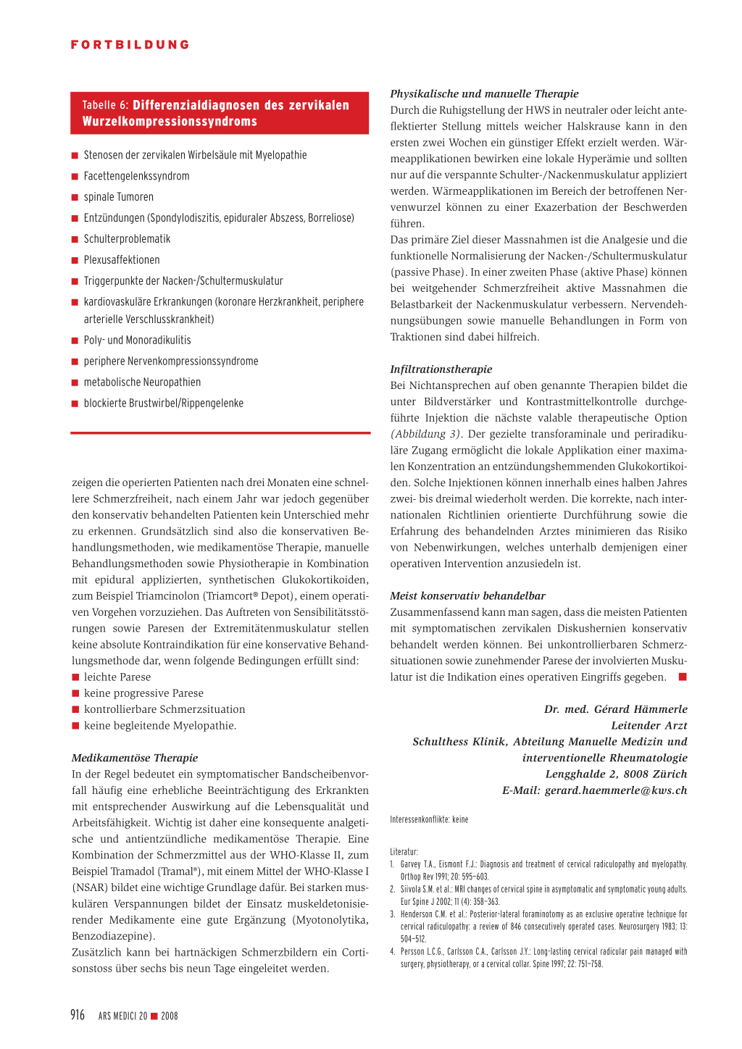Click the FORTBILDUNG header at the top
(130, 45)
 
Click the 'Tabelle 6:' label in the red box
(105, 105)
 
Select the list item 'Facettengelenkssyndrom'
(136, 176)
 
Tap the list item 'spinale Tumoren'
(118, 197)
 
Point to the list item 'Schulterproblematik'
(127, 239)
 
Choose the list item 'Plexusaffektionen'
(122, 260)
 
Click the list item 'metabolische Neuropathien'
(142, 383)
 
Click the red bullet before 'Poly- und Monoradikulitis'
(75, 340)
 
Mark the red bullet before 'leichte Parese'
(75, 677)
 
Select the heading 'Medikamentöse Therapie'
(135, 758)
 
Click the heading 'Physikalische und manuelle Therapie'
(484, 93)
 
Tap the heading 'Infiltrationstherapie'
(441, 369)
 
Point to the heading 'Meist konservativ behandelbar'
(467, 596)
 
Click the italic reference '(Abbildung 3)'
(426, 434)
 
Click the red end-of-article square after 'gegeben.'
(682, 677)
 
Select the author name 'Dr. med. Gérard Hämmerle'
(615, 709)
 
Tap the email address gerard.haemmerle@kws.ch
(615, 790)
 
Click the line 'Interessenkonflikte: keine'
(429, 819)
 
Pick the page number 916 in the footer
(78, 1015)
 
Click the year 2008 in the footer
(170, 1016)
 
